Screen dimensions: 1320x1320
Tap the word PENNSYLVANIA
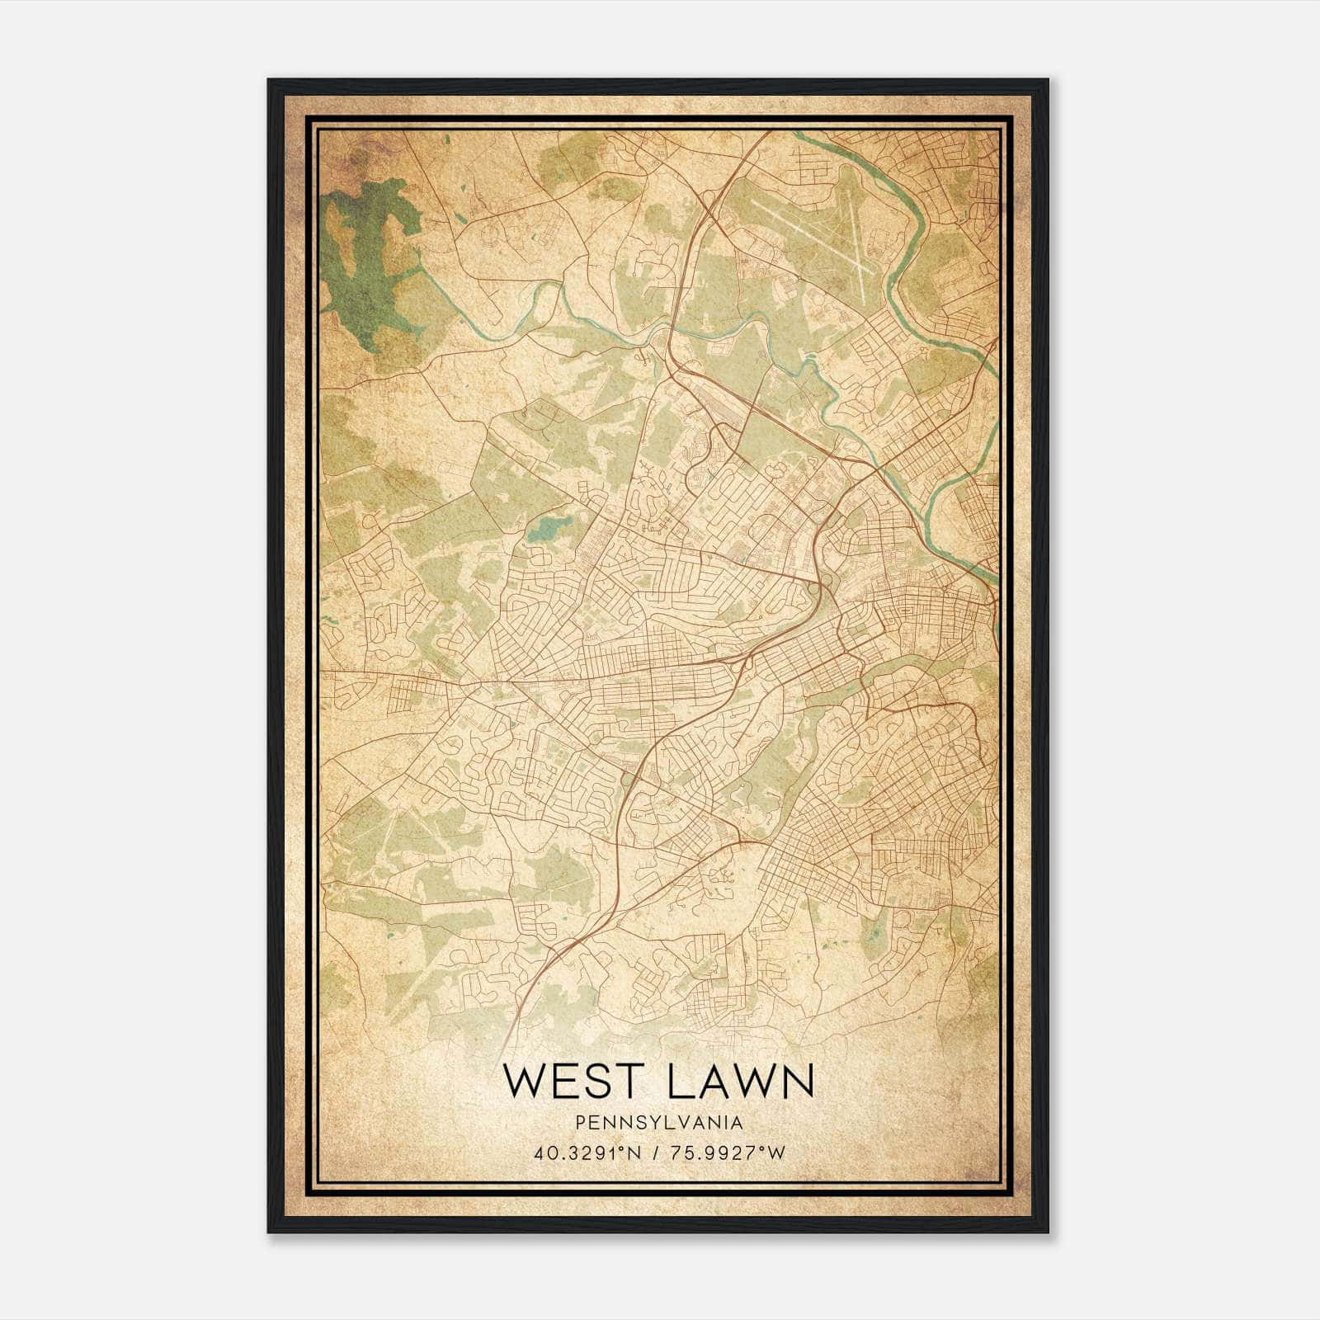[x=659, y=1123]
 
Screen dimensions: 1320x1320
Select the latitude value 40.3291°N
[x=587, y=1153]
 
